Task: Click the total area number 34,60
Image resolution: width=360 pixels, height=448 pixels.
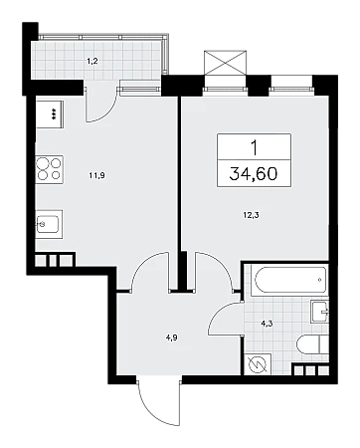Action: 254,173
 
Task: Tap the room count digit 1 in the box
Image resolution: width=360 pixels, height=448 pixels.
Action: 254,147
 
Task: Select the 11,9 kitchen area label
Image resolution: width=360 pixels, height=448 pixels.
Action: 96,175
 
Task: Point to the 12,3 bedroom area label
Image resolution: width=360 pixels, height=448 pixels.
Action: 251,215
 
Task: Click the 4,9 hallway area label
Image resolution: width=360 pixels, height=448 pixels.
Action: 171,338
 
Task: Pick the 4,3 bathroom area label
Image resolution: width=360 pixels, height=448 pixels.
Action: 267,324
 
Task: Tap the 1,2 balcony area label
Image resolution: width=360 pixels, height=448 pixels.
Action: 92,61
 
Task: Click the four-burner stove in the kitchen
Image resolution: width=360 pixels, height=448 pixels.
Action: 50,169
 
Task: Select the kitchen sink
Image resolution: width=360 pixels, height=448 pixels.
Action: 49,224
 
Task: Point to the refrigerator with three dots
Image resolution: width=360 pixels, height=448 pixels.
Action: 50,113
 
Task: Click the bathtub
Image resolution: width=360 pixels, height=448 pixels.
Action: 288,280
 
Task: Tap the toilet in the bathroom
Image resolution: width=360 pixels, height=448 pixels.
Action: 312,345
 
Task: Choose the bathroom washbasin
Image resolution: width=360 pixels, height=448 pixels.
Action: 320,312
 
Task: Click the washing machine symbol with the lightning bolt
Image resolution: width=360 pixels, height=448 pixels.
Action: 258,364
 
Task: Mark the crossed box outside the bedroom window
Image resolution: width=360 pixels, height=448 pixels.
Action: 226,63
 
